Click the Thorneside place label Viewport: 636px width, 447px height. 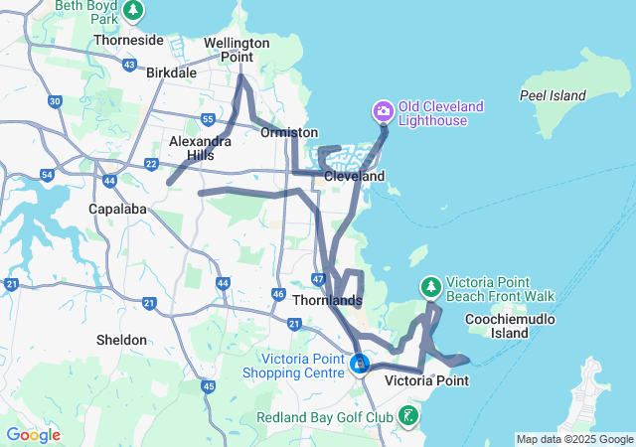point(128,41)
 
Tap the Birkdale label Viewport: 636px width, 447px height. point(173,74)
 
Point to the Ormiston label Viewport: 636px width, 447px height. point(289,132)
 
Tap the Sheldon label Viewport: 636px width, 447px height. point(122,340)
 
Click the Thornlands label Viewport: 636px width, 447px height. point(327,299)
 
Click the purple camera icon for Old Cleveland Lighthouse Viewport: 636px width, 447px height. point(384,110)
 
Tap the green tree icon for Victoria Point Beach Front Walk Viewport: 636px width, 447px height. point(430,286)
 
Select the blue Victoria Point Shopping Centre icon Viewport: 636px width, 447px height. point(359,365)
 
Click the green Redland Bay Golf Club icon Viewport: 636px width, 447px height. point(408,416)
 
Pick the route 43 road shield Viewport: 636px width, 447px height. point(131,65)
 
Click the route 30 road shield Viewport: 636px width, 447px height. point(55,101)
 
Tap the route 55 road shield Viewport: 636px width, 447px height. point(208,119)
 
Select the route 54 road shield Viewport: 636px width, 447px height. point(47,175)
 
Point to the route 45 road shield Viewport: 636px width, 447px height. point(208,385)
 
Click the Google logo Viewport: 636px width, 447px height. point(33,435)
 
